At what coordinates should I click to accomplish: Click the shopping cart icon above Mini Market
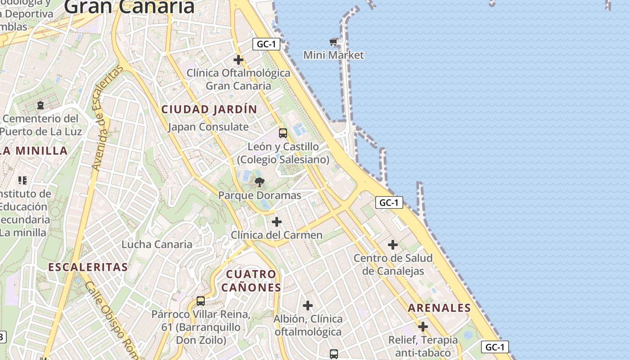coord(333,42)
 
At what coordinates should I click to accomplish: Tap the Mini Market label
coord(333,55)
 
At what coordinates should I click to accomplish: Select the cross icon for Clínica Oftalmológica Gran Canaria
coord(238,59)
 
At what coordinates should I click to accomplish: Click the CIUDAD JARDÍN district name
coord(209,109)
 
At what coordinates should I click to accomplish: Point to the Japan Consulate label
coord(208,127)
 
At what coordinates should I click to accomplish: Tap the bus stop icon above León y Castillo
coord(283,133)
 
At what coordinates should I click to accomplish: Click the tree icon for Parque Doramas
coord(260,182)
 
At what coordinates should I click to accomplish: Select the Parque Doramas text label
coord(260,195)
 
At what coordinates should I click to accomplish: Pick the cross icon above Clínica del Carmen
coord(277,221)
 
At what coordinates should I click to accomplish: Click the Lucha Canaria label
coord(157,244)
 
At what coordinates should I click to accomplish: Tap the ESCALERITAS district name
coord(88,267)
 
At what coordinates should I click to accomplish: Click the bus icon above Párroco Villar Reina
coord(201,301)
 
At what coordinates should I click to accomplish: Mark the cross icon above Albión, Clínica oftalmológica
coord(308,306)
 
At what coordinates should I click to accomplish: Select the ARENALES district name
coord(439,308)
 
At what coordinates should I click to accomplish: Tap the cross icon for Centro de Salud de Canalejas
coord(393,245)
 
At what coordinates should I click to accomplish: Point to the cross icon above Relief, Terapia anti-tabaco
coord(423,326)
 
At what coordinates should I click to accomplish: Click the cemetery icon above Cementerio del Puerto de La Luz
coord(40,105)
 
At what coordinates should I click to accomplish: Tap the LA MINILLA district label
coord(34,151)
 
